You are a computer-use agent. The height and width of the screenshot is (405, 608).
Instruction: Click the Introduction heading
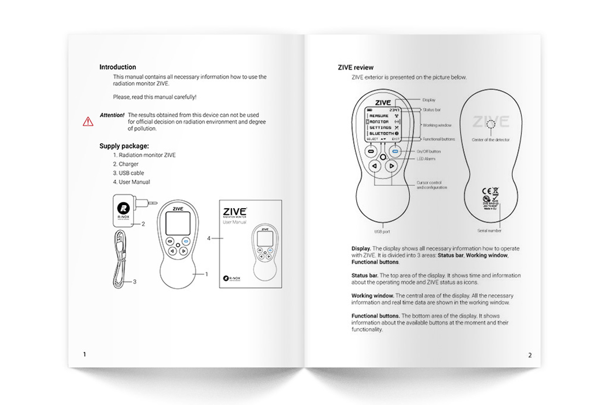pos(118,67)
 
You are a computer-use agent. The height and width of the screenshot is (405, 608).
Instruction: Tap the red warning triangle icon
pos(88,121)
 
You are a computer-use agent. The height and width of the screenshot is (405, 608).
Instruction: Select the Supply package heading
pos(124,146)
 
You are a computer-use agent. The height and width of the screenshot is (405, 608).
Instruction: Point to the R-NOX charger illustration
pos(124,211)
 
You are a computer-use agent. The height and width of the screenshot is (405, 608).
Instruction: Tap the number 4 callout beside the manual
pos(209,237)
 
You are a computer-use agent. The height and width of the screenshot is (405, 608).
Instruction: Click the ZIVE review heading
pos(356,67)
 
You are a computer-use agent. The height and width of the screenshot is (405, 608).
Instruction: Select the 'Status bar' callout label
pos(431,109)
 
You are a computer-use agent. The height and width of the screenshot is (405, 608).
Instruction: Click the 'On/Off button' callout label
pos(429,151)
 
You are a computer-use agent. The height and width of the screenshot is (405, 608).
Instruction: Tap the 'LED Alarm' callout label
pos(426,159)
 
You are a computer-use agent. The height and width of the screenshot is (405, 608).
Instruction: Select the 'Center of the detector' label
pos(490,140)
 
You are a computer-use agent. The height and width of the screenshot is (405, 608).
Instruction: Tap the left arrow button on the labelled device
pos(373,166)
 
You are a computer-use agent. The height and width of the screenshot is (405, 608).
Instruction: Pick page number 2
pos(530,355)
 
